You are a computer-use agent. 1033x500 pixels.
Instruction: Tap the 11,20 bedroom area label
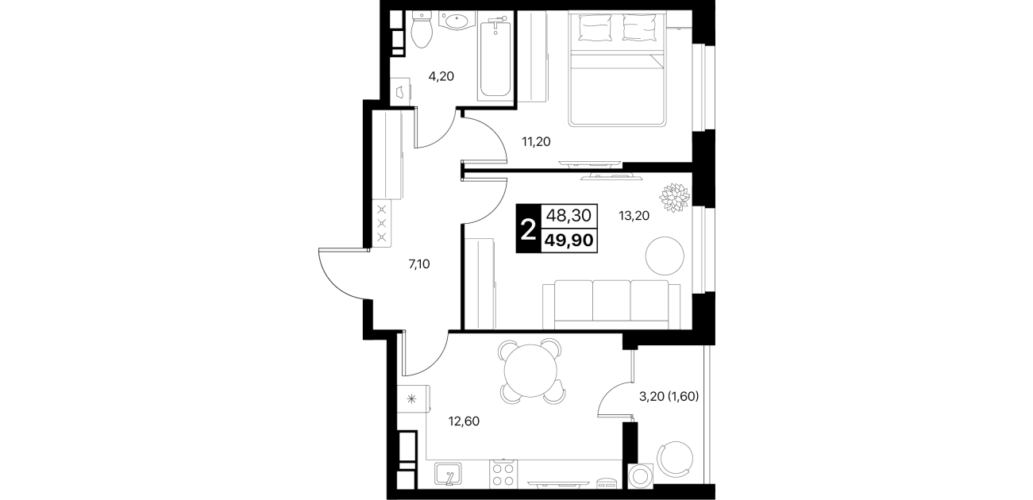(536, 142)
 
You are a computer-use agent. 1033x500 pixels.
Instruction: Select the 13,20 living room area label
(634, 216)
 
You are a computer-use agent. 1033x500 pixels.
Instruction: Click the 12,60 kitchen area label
(464, 421)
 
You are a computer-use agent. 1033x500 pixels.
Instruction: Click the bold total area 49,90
(569, 240)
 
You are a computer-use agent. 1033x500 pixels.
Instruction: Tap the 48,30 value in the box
(569, 215)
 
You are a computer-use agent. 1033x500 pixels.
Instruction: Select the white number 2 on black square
(528, 229)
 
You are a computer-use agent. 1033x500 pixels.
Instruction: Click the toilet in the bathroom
(421, 29)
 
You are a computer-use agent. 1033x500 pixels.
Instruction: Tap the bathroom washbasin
(457, 21)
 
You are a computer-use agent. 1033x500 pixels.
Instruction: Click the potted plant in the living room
(675, 198)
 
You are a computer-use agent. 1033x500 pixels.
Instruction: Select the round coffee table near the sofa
(665, 256)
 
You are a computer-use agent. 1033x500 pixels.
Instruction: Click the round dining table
(531, 371)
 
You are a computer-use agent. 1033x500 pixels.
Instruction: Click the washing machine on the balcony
(641, 476)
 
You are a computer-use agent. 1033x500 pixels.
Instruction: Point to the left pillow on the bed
(596, 27)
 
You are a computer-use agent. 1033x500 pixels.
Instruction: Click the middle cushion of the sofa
(611, 301)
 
